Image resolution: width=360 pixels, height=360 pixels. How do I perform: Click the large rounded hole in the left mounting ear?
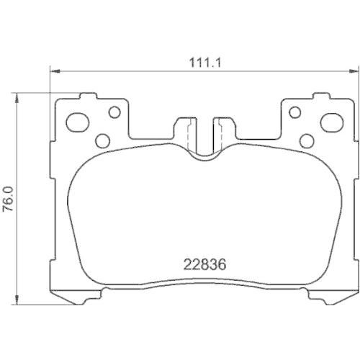[x=76, y=121]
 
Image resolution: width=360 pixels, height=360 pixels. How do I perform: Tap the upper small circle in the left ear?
[x=113, y=112]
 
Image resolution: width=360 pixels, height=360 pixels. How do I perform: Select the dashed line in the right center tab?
[x=219, y=133]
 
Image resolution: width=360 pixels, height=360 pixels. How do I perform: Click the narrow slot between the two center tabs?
[x=203, y=130]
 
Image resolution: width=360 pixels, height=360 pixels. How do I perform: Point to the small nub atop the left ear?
[x=89, y=96]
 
